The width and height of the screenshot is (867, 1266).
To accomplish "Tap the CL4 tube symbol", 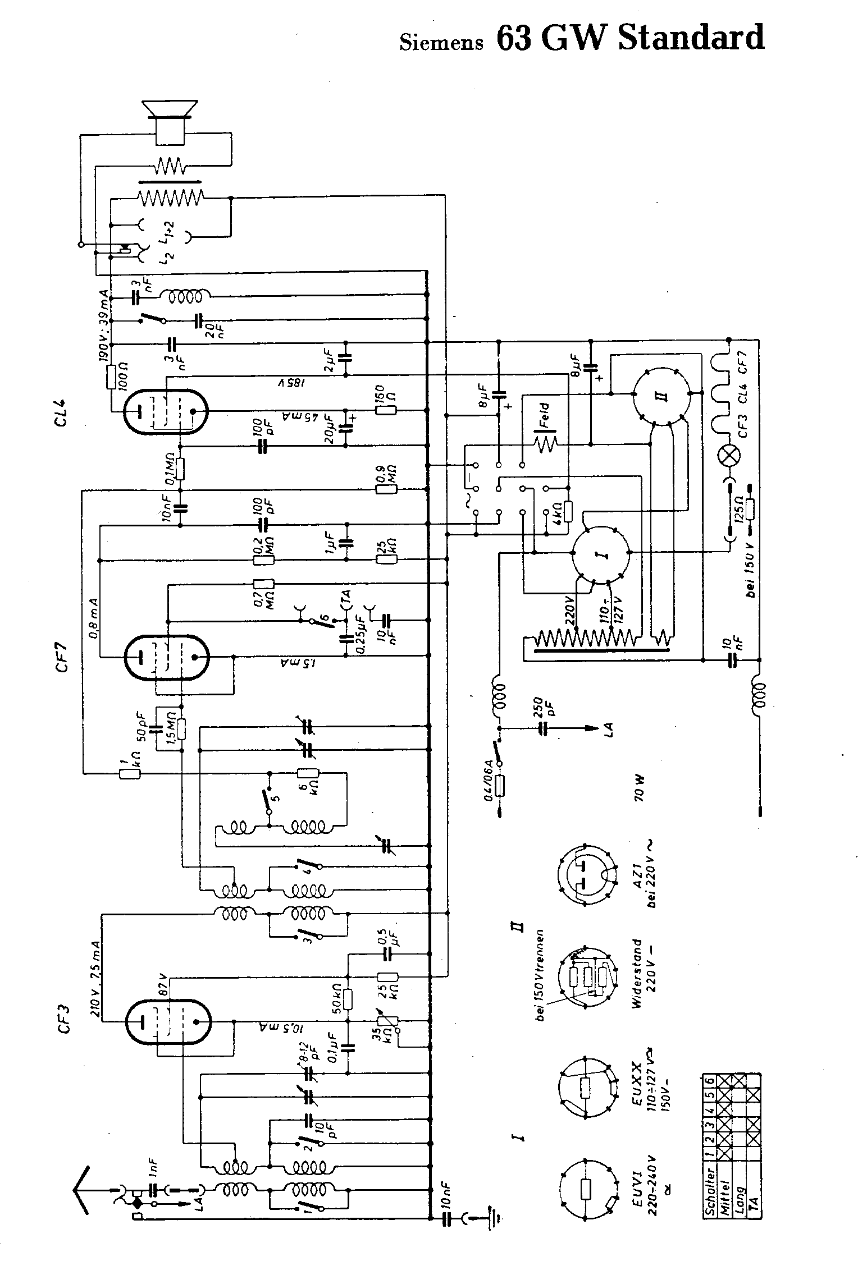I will point(165,411).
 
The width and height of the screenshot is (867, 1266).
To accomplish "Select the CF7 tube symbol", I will point(166,658).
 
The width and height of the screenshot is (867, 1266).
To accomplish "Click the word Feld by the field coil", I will point(544,414).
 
